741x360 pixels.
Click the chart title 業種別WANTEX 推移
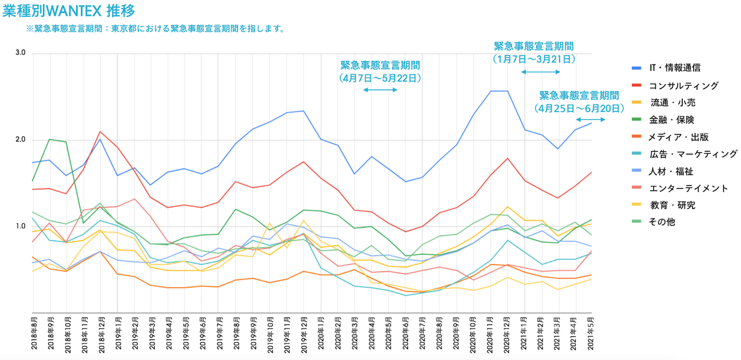click(x=70, y=11)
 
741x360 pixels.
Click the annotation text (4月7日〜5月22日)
click(x=380, y=78)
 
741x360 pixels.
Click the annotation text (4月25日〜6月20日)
click(x=578, y=108)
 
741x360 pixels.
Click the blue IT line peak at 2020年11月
click(x=491, y=91)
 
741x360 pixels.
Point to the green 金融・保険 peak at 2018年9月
click(x=49, y=139)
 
